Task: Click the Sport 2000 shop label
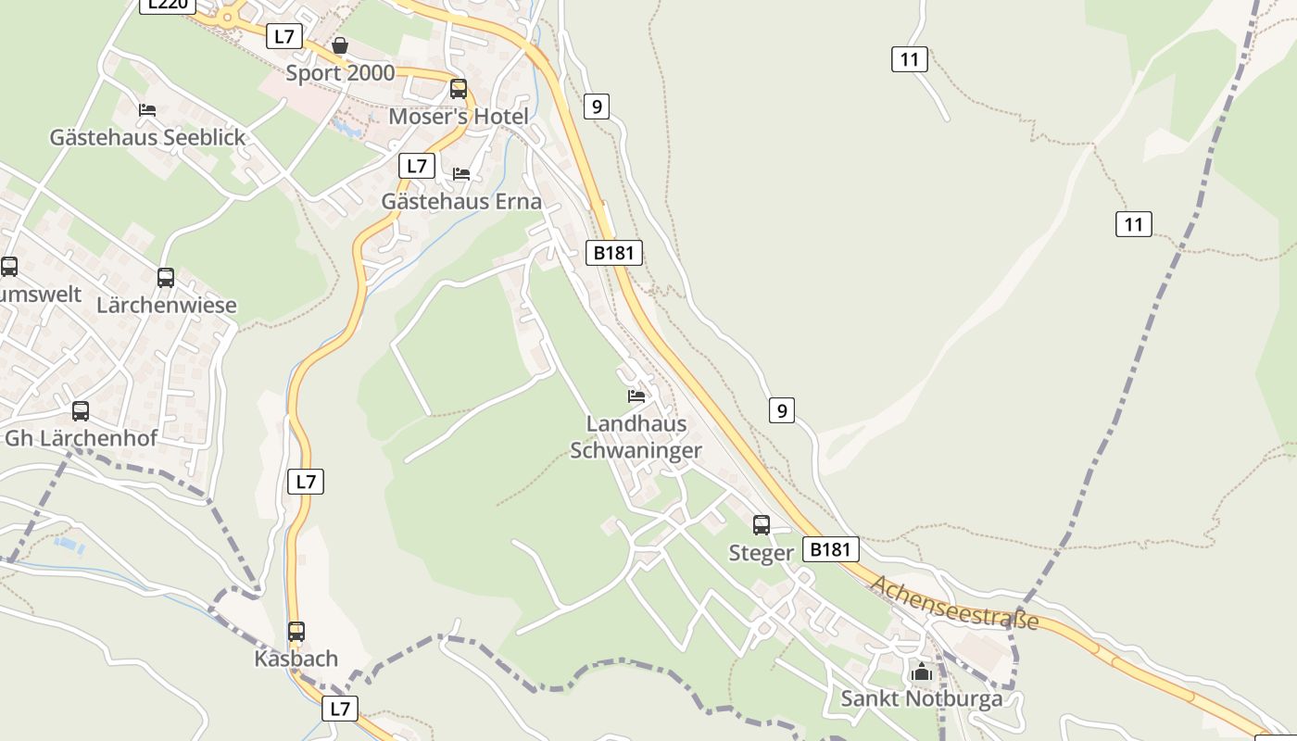(340, 73)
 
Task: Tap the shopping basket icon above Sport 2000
(340, 44)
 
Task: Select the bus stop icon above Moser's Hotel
(459, 89)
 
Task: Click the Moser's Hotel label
(459, 117)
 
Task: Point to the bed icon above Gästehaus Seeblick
(147, 109)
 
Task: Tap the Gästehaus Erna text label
(461, 201)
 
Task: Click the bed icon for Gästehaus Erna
(461, 173)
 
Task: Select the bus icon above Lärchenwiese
(166, 277)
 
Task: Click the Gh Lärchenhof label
(82, 438)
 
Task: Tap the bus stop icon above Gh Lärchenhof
(81, 410)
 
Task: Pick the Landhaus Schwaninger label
(636, 437)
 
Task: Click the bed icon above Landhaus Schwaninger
(636, 396)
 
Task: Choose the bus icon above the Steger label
(762, 525)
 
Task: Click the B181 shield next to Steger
(830, 549)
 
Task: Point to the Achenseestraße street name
(954, 602)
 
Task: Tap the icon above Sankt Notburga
(921, 671)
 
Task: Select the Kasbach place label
(296, 659)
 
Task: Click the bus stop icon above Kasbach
(296, 632)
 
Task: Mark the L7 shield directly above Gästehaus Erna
(417, 166)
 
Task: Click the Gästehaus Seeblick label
(148, 137)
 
